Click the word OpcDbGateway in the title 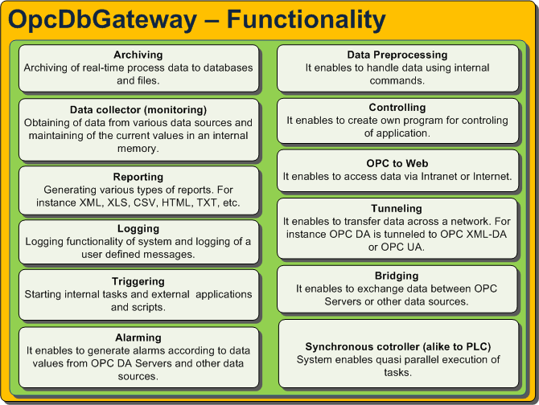pyautogui.click(x=102, y=20)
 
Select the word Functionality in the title pyautogui.click(x=307, y=20)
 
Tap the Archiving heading pyautogui.click(x=138, y=55)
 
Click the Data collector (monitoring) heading pyautogui.click(x=138, y=110)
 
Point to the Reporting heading pyautogui.click(x=138, y=177)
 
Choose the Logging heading pyautogui.click(x=138, y=228)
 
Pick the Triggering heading pyautogui.click(x=138, y=281)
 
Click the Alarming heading pyautogui.click(x=138, y=337)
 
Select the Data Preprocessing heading pyautogui.click(x=397, y=55)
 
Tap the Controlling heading pyautogui.click(x=397, y=108)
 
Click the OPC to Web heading pyautogui.click(x=397, y=163)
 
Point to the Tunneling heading pyautogui.click(x=397, y=209)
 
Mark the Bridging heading pyautogui.click(x=397, y=276)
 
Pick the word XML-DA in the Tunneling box pyautogui.click(x=487, y=235)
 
